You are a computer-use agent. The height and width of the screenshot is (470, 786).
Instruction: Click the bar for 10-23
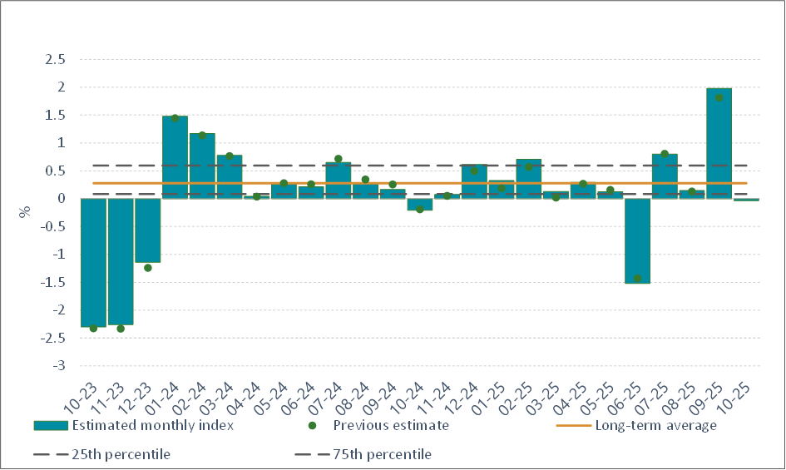(93, 262)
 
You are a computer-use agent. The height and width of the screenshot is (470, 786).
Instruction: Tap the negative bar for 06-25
(637, 240)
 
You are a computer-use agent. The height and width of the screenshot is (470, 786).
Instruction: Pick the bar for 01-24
(175, 157)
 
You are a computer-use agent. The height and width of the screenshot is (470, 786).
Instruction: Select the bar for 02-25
(528, 179)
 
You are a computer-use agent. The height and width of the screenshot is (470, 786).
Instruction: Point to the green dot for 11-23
(121, 329)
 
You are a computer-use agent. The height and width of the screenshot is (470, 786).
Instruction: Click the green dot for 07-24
(338, 159)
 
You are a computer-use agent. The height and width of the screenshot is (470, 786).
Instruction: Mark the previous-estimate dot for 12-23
(148, 268)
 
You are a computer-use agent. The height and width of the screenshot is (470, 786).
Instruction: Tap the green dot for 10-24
(419, 210)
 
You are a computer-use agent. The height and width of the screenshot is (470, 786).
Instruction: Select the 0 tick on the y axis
(62, 199)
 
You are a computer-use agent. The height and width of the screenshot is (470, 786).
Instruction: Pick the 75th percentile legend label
(383, 454)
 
